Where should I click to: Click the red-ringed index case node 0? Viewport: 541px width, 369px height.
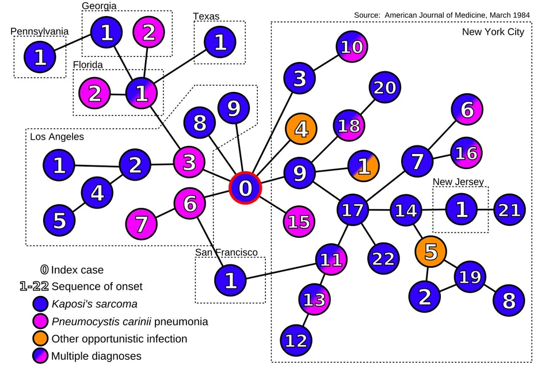(x=246, y=188)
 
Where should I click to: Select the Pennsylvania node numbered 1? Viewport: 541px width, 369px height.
(x=40, y=57)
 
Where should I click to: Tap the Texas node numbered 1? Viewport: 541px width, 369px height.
(x=220, y=43)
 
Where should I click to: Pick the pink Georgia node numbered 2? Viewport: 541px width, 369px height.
(x=149, y=33)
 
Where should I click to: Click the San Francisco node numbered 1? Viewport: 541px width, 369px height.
(x=230, y=280)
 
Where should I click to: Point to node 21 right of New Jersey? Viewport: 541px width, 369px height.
(x=509, y=210)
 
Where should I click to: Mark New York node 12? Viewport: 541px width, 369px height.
(x=297, y=340)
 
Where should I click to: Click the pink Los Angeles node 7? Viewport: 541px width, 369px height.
(x=142, y=222)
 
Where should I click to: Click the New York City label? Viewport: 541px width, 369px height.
(x=493, y=32)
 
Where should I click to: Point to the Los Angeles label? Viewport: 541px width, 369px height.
(x=57, y=137)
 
